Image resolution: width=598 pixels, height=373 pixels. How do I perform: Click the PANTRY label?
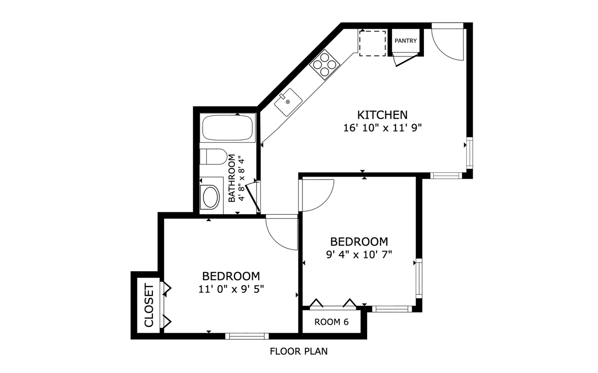tap(406, 41)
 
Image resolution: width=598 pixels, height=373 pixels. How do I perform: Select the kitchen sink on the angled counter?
tap(288, 102)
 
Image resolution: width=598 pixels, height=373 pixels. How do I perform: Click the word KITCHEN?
tap(382, 115)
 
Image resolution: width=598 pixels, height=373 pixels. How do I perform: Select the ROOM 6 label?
tap(331, 322)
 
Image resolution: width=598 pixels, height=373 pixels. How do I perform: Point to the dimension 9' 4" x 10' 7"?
tap(358, 254)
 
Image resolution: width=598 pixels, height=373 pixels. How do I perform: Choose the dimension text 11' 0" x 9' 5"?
tap(231, 289)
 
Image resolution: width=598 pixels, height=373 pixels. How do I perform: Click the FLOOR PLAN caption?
tap(299, 351)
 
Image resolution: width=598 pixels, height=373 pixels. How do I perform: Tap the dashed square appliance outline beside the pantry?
tap(372, 43)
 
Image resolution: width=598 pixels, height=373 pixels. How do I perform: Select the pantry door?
tap(405, 60)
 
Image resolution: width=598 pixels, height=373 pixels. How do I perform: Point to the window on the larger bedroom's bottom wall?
tap(247, 335)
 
